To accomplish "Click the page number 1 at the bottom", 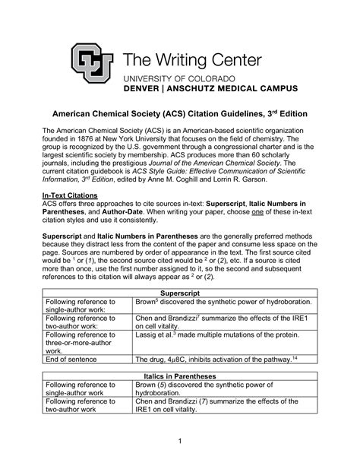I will [x=180, y=442].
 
